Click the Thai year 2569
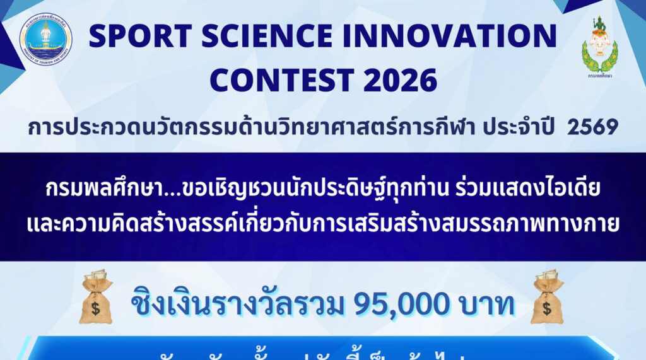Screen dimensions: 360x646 592,127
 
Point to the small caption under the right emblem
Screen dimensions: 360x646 599,75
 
